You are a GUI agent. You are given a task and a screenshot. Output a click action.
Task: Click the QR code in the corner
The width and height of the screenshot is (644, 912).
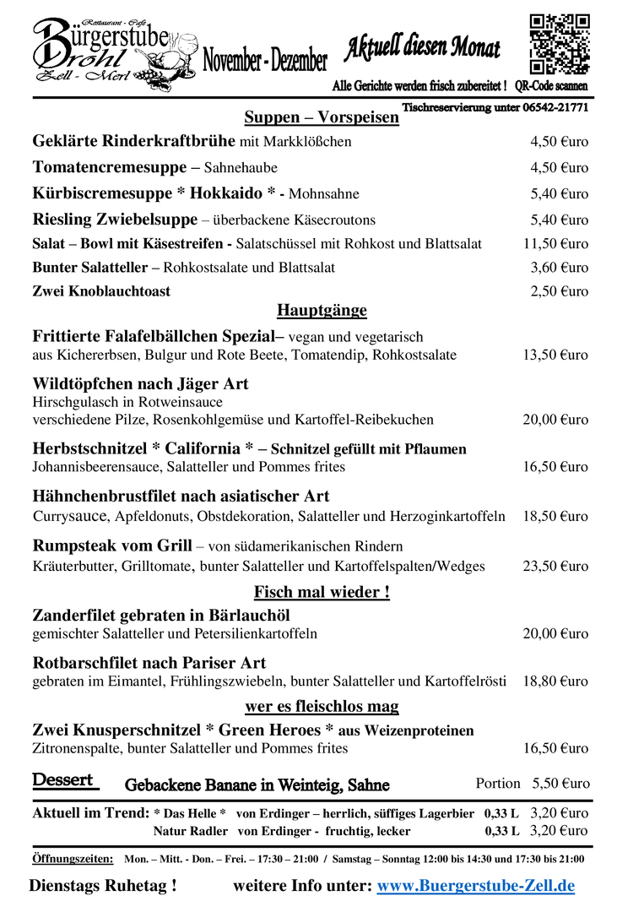(x=559, y=44)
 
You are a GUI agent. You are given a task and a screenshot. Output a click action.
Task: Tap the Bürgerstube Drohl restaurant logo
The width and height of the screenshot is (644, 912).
(x=101, y=50)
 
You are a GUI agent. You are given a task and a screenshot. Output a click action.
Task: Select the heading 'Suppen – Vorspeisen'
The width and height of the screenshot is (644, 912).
(x=322, y=117)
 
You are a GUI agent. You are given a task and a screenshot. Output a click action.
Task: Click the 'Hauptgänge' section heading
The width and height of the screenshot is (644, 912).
(x=322, y=311)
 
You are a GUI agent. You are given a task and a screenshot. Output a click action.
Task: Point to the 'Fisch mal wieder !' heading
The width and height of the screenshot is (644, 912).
(x=322, y=592)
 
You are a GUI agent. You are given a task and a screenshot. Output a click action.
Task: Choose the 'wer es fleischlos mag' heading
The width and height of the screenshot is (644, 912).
(x=322, y=706)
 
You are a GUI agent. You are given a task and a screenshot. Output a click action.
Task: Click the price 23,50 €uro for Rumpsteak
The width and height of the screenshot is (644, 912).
(x=555, y=567)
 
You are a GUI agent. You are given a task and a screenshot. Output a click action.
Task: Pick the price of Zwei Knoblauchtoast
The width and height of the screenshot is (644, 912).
(x=559, y=291)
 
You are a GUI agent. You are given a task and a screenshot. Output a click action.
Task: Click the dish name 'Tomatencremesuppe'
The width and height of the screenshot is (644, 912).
(x=110, y=167)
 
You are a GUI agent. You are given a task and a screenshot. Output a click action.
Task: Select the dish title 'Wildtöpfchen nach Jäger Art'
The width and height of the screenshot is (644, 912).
(x=140, y=384)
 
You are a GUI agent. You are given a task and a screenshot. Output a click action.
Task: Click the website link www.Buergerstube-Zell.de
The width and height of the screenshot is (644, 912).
(x=475, y=886)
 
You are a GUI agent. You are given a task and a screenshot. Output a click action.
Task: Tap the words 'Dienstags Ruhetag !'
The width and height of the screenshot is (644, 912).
(x=103, y=886)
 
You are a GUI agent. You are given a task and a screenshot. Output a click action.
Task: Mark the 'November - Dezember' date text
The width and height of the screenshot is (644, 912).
(x=265, y=61)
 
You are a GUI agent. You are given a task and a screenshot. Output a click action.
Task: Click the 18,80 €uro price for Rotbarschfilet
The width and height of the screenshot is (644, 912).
(x=555, y=681)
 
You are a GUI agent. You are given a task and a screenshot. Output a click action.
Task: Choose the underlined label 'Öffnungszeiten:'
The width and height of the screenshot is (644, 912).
(x=73, y=859)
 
